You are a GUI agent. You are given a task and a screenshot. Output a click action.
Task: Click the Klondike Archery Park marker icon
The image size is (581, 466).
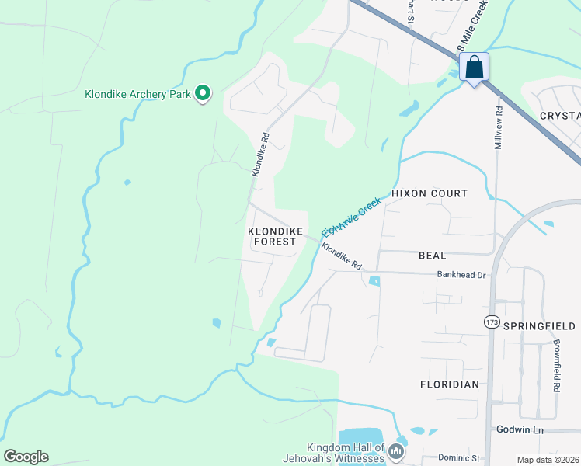pyautogui.click(x=203, y=94)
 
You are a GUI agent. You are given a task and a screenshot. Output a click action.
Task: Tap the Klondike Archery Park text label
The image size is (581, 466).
pyautogui.click(x=137, y=95)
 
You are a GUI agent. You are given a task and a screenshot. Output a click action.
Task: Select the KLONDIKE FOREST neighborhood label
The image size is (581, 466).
pyautogui.click(x=272, y=237)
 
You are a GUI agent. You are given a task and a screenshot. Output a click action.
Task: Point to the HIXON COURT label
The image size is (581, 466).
pyautogui.click(x=430, y=193)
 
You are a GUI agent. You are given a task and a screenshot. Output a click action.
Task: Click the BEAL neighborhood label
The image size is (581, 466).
pyautogui.click(x=432, y=255)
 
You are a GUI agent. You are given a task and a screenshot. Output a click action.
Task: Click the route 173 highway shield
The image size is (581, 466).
pyautogui.click(x=492, y=322)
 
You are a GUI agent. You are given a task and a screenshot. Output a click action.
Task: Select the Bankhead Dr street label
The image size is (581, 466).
pyautogui.click(x=461, y=274)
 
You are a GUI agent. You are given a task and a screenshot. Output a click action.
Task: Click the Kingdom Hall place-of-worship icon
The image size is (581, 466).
pyautogui.click(x=397, y=451)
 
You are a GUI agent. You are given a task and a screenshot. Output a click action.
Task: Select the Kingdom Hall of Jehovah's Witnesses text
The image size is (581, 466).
pyautogui.click(x=346, y=453)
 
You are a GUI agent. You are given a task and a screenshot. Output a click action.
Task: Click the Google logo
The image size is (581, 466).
pyautogui.click(x=26, y=457)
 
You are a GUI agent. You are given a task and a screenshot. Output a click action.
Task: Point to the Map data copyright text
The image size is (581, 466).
pyautogui.click(x=548, y=460)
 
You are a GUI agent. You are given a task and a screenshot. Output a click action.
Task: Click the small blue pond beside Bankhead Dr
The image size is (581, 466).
pyautogui.click(x=375, y=281)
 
